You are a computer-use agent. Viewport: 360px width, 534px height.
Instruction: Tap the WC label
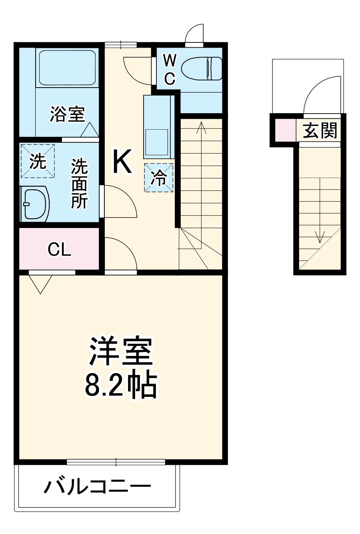[170, 70]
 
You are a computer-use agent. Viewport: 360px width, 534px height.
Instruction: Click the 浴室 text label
[67, 114]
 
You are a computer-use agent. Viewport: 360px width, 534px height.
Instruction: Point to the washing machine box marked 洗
[38, 161]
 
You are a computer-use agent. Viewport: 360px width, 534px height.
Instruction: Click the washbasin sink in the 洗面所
[36, 204]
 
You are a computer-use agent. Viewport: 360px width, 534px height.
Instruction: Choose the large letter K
[122, 161]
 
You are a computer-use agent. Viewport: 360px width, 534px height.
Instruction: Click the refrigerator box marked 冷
[159, 177]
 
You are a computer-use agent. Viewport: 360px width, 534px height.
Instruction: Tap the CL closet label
[59, 250]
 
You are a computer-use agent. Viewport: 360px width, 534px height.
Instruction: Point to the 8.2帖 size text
[120, 384]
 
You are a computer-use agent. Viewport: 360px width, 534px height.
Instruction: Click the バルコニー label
[97, 487]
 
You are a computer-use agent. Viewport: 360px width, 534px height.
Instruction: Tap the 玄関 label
[320, 130]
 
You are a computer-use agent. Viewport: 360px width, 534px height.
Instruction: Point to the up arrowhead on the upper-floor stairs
[201, 127]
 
